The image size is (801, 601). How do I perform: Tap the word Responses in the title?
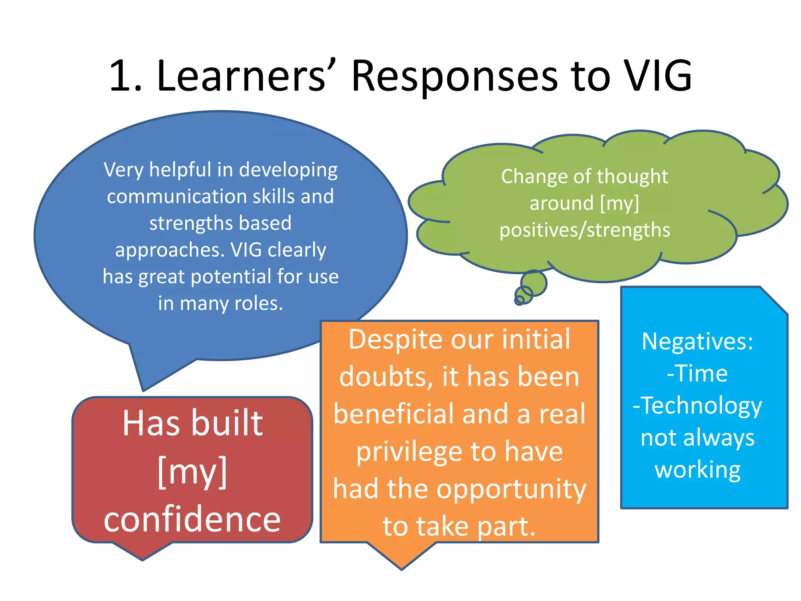pos(454,76)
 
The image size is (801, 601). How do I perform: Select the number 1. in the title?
pos(126,76)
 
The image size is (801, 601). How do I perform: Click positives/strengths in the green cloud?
pos(585,230)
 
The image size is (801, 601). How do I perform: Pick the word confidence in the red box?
pos(192,519)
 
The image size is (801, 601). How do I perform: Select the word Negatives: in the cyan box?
pos(697,342)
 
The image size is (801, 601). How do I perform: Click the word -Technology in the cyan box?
pos(697,405)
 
